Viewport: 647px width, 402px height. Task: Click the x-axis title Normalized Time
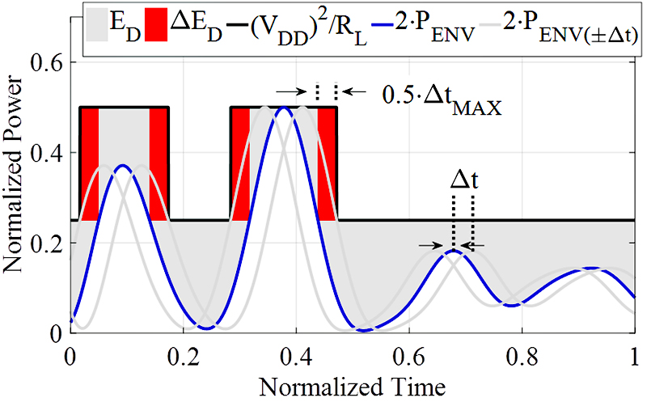click(x=353, y=379)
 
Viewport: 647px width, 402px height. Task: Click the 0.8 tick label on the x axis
click(x=522, y=354)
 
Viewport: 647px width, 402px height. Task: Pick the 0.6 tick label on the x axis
click(x=409, y=354)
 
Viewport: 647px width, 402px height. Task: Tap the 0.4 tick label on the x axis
click(x=297, y=354)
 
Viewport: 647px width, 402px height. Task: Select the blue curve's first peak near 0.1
click(x=121, y=165)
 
